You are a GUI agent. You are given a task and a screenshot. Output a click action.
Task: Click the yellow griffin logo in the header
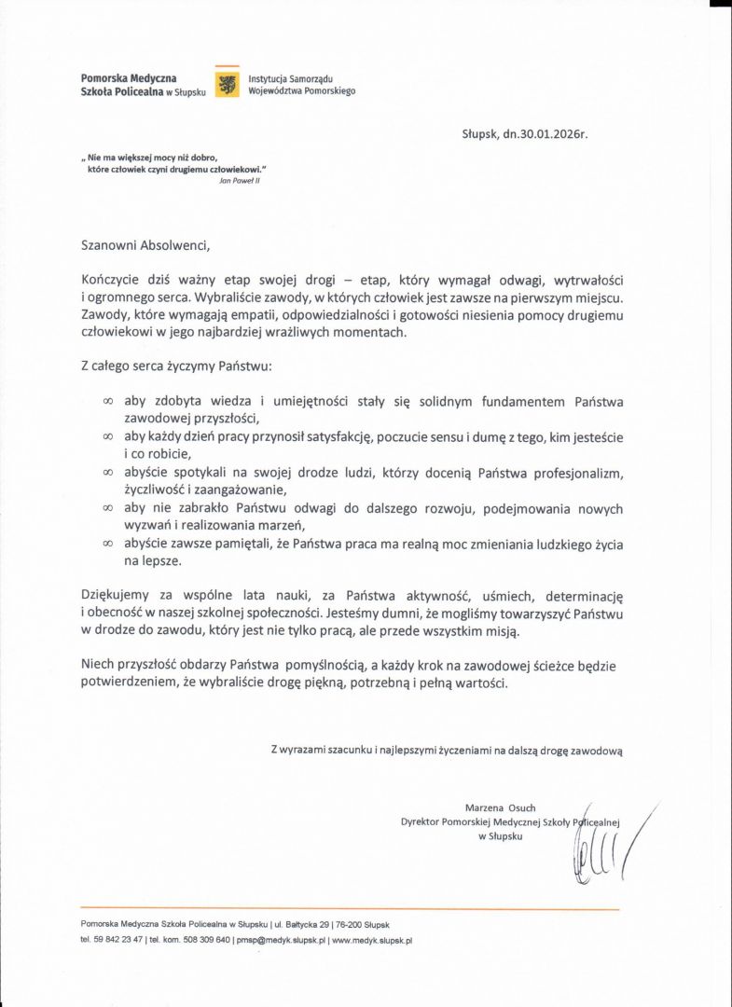227,85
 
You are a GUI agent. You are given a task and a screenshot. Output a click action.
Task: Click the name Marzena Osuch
500,807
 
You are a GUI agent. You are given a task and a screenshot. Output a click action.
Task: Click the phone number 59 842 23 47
118,941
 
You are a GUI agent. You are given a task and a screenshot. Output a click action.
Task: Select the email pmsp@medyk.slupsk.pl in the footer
280,941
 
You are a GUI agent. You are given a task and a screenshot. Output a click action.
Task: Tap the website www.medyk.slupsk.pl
372,941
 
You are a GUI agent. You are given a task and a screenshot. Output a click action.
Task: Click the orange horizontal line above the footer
350,908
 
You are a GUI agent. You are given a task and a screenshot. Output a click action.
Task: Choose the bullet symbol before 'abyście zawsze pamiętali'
107,544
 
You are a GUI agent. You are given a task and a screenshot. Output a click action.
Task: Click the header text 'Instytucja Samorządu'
283,79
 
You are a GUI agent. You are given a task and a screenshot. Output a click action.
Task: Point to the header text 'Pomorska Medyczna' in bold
129,79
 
